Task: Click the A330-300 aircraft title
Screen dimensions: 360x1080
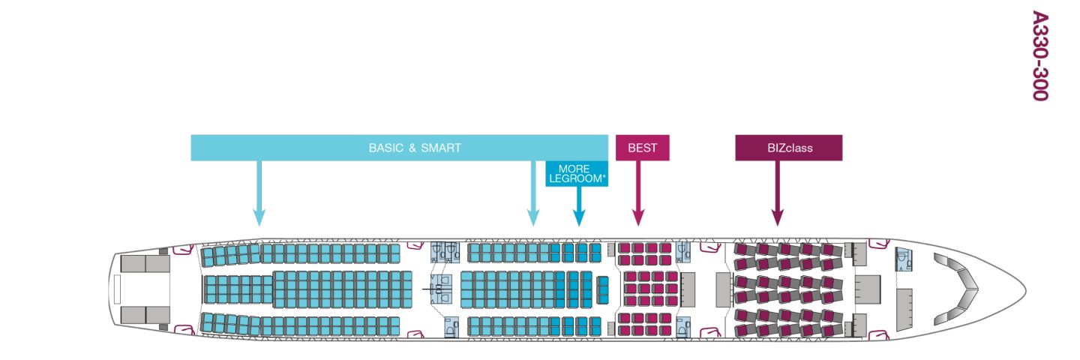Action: coord(1038,55)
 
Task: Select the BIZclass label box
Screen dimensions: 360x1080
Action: coord(788,148)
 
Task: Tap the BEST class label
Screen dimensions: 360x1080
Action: coord(642,148)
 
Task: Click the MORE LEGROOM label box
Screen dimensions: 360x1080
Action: coord(575,174)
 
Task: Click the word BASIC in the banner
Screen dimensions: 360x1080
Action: coord(385,148)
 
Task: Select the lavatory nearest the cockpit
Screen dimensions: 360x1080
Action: coord(904,259)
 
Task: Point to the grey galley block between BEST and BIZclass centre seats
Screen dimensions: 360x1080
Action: coord(688,289)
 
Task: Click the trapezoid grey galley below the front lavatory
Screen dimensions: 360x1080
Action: coord(904,306)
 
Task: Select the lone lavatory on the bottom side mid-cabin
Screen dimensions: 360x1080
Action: coord(451,327)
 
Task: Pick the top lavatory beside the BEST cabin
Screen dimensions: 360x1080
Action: coord(683,251)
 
